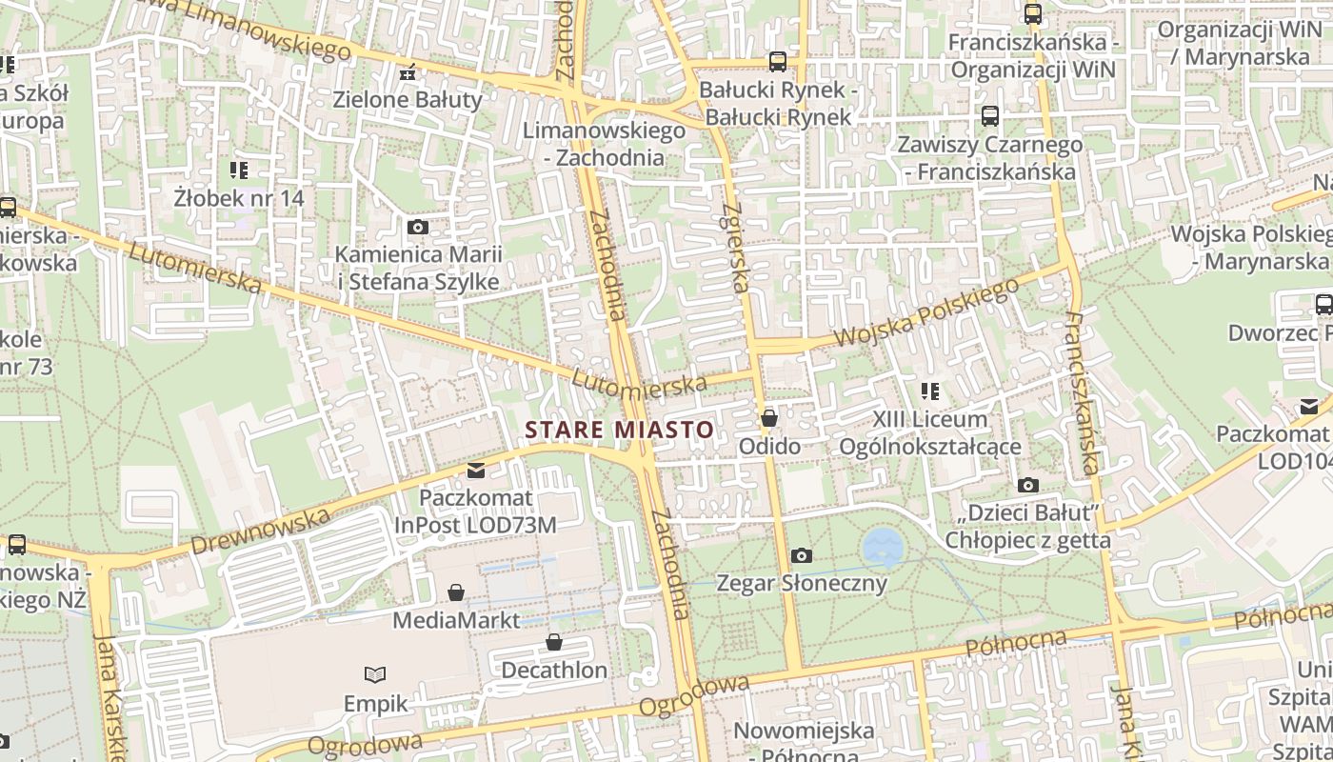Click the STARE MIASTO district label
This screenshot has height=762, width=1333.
tap(619, 430)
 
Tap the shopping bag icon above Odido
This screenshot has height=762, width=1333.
tap(769, 418)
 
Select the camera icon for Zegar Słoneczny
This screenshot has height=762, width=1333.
tap(802, 555)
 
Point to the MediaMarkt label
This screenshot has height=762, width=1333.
tap(457, 621)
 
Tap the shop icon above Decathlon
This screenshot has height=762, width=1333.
tap(554, 643)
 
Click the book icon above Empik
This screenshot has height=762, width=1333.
tap(376, 674)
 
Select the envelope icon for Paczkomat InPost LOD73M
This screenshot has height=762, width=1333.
tap(476, 471)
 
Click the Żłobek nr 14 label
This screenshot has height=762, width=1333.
tap(239, 198)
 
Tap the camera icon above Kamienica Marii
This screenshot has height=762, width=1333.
tap(417, 227)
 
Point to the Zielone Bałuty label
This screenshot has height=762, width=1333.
tap(408, 99)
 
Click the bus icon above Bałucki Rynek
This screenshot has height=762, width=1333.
tap(778, 62)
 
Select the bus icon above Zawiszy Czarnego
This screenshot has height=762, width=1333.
tap(990, 116)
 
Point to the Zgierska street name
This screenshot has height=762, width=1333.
tap(733, 248)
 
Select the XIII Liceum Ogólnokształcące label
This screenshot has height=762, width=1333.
tap(929, 433)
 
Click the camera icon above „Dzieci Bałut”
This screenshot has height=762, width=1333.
tap(1027, 486)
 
